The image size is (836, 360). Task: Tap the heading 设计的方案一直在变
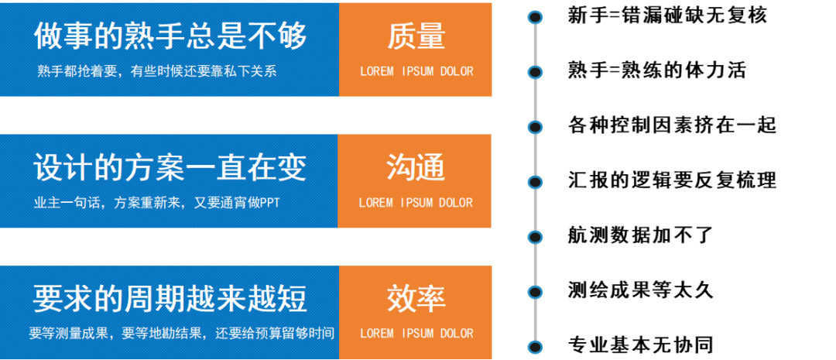(x=170, y=167)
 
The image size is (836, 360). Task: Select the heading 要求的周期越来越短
(x=170, y=298)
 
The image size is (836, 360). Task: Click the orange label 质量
(x=416, y=36)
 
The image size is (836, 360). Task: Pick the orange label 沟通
(x=416, y=167)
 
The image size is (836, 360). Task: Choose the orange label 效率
(x=416, y=299)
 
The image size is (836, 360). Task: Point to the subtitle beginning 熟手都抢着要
(x=157, y=71)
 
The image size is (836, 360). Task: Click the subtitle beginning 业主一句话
(x=156, y=203)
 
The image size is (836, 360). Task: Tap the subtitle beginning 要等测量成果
(x=182, y=334)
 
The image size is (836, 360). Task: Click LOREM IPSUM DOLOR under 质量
(x=416, y=71)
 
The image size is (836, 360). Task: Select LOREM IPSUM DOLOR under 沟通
(x=416, y=203)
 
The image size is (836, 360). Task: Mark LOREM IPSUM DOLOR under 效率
(x=416, y=334)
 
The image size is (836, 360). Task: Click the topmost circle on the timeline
(x=535, y=17)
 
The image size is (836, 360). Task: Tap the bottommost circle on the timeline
(x=535, y=347)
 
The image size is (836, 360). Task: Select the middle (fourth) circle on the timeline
(x=535, y=182)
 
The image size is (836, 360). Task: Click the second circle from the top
(x=535, y=72)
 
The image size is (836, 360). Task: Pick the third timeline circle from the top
(x=535, y=127)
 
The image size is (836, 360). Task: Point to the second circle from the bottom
(x=535, y=292)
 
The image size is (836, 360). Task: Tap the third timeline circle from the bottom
(x=535, y=237)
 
